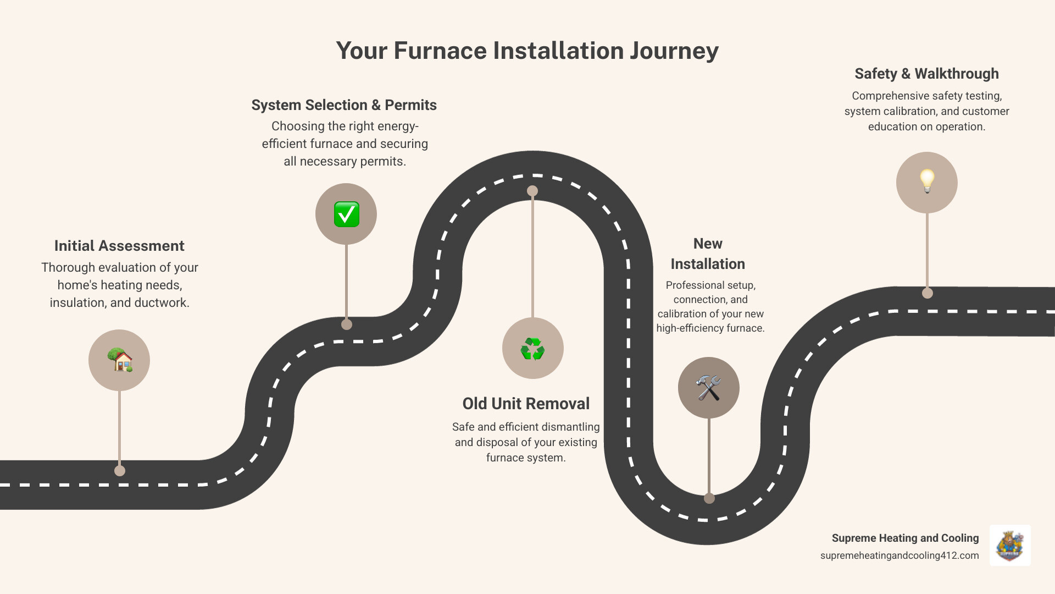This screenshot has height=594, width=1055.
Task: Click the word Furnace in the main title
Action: [440, 51]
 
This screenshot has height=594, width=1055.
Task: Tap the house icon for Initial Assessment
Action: [119, 360]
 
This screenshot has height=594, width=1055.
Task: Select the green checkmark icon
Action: [346, 215]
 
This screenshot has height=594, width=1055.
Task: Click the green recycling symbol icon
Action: [532, 349]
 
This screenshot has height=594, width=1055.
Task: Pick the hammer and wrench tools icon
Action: [708, 388]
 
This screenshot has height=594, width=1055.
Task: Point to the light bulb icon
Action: [927, 182]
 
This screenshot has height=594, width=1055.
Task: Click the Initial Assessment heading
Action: [119, 246]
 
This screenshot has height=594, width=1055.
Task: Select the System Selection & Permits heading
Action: [344, 105]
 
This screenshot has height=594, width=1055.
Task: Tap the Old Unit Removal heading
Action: [526, 404]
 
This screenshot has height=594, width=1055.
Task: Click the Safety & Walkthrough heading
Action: [926, 74]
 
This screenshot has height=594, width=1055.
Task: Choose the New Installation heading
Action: [708, 254]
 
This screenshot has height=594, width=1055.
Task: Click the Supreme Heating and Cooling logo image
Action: [1010, 546]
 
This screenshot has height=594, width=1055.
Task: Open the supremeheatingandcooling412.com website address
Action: [899, 555]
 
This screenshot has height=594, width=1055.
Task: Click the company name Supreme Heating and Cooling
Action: [905, 538]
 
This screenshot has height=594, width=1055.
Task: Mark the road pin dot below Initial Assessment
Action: [120, 471]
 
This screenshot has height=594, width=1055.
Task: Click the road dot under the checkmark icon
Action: [347, 324]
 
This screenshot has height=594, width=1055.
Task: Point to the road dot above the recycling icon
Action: [532, 191]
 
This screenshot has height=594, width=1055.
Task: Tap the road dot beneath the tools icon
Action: [709, 498]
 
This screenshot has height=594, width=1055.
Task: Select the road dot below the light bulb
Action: [928, 293]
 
